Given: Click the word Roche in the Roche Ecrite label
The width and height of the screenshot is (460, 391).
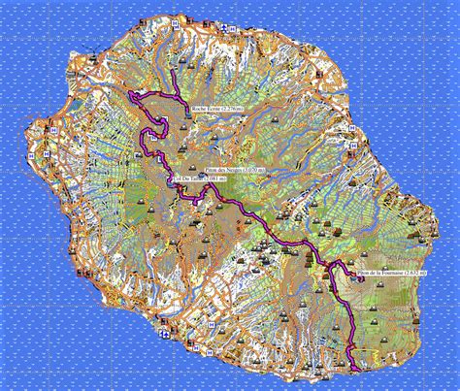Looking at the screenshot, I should coord(201,109).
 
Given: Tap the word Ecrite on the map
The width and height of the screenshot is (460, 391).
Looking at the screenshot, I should coord(214,109).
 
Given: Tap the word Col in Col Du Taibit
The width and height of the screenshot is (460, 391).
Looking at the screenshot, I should coord(175,179).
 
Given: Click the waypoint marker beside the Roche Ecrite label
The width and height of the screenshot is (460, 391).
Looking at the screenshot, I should coord(186,110).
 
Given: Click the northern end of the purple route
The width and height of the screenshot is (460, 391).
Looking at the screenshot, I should coord(171,72).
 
